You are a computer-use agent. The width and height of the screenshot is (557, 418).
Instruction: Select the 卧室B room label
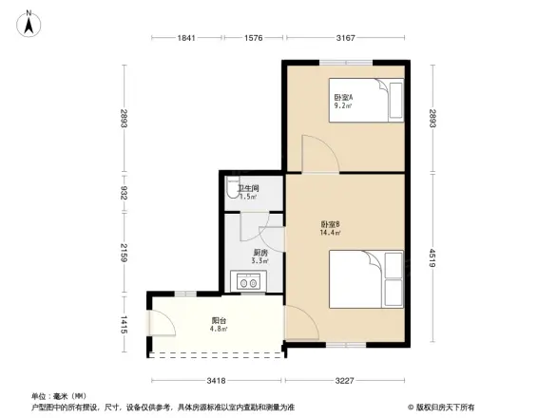331,228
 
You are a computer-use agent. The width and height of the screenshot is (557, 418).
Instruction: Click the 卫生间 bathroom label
247,191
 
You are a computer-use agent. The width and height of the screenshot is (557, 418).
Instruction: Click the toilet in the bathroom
232,187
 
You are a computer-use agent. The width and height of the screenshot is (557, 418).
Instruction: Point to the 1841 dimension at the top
185,38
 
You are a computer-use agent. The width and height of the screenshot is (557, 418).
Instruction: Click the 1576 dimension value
253,38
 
